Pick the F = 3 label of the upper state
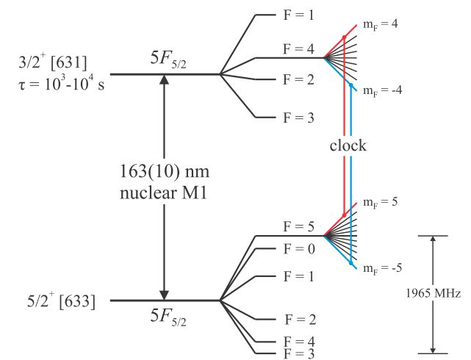click(x=300, y=118)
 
